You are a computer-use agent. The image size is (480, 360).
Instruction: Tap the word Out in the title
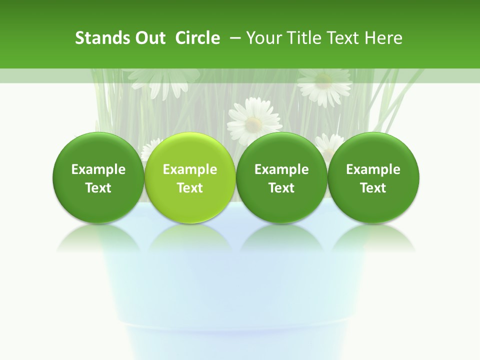pyautogui.click(x=149, y=38)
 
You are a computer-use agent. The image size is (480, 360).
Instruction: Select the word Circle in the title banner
pyautogui.click(x=197, y=38)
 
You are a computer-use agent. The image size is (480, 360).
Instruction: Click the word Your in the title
pyautogui.click(x=262, y=38)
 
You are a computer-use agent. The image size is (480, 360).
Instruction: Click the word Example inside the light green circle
pyautogui.click(x=190, y=169)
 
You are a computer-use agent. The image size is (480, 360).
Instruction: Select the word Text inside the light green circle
pyautogui.click(x=190, y=188)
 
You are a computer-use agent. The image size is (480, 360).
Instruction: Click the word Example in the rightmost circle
pyautogui.click(x=373, y=169)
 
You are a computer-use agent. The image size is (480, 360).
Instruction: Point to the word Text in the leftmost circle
pyautogui.click(x=98, y=188)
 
